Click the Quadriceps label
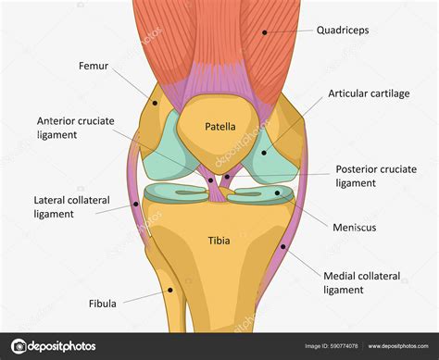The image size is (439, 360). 343,31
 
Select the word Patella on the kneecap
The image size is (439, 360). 219,127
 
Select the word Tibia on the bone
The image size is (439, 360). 219,242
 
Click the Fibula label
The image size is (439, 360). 102,303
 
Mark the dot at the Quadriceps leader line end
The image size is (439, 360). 264,32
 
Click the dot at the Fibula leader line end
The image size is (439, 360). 171,290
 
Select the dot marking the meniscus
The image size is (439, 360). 279,194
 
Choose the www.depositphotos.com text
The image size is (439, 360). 398,347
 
